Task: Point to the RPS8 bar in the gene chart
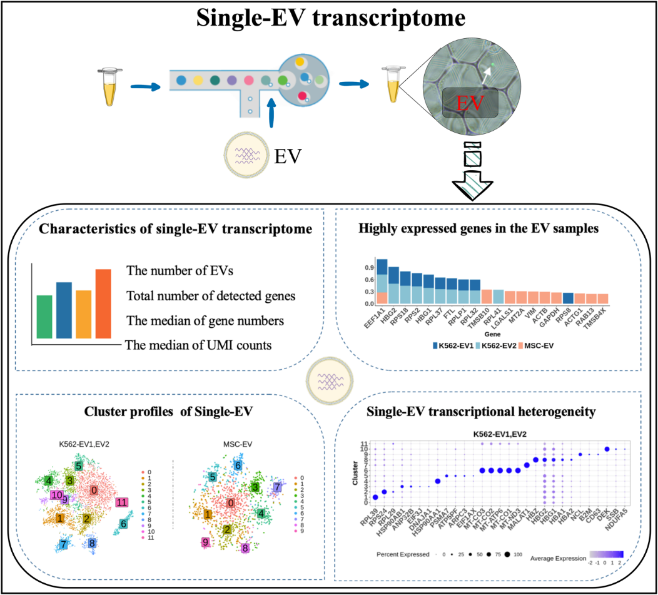pos(550,298)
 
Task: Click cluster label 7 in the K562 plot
pos(63,544)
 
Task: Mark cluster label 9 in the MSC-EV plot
pos(205,542)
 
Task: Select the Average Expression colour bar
pos(607,554)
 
